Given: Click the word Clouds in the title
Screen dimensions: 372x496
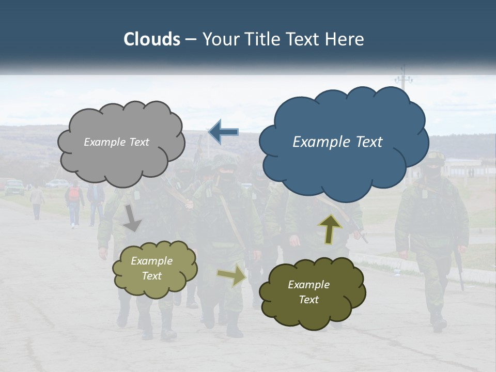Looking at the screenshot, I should click(151, 39).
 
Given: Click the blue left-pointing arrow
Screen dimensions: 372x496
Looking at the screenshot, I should click(223, 132).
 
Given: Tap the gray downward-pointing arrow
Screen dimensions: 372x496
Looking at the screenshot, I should click(132, 218).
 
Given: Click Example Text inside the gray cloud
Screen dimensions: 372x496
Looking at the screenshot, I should click(116, 142).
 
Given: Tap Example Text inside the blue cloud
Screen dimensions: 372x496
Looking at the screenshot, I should click(337, 142).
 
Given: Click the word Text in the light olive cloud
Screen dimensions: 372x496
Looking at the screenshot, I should click(151, 276).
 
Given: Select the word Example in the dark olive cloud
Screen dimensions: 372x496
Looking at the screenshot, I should click(308, 285).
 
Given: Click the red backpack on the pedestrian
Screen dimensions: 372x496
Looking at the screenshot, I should click(74, 194).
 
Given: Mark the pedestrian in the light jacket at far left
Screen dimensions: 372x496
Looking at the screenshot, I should click(37, 202).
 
